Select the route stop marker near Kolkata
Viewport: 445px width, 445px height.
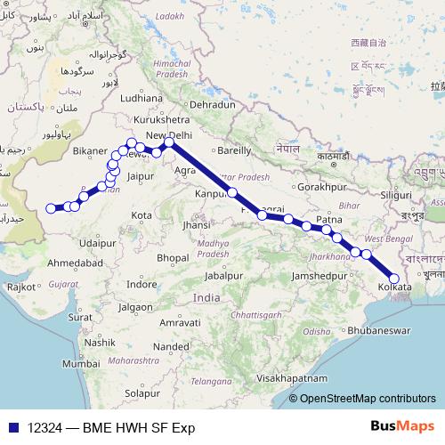point(394,279)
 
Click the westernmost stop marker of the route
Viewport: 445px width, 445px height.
point(51,209)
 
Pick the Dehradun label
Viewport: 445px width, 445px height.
point(212,104)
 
